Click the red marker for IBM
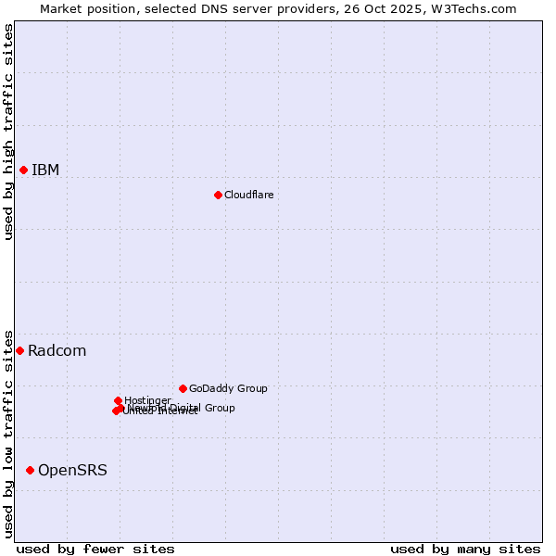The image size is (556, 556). click(x=23, y=170)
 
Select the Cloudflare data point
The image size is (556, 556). click(x=218, y=195)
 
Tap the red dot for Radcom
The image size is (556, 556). click(x=19, y=350)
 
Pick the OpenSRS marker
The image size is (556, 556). click(x=30, y=470)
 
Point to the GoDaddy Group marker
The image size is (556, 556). click(x=183, y=388)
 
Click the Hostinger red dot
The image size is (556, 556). click(x=118, y=400)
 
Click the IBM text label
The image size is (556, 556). click(x=45, y=170)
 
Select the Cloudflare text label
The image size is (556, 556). click(x=248, y=195)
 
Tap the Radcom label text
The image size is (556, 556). click(x=57, y=350)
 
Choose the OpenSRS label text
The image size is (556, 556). click(x=72, y=470)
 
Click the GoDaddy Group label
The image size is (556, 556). click(x=228, y=388)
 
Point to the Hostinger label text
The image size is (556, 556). click(x=147, y=400)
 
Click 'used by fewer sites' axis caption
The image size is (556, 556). click(x=95, y=549)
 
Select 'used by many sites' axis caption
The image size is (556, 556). click(x=465, y=549)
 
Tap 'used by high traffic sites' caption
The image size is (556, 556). click(x=8, y=132)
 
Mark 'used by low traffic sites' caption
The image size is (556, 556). click(x=8, y=434)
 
